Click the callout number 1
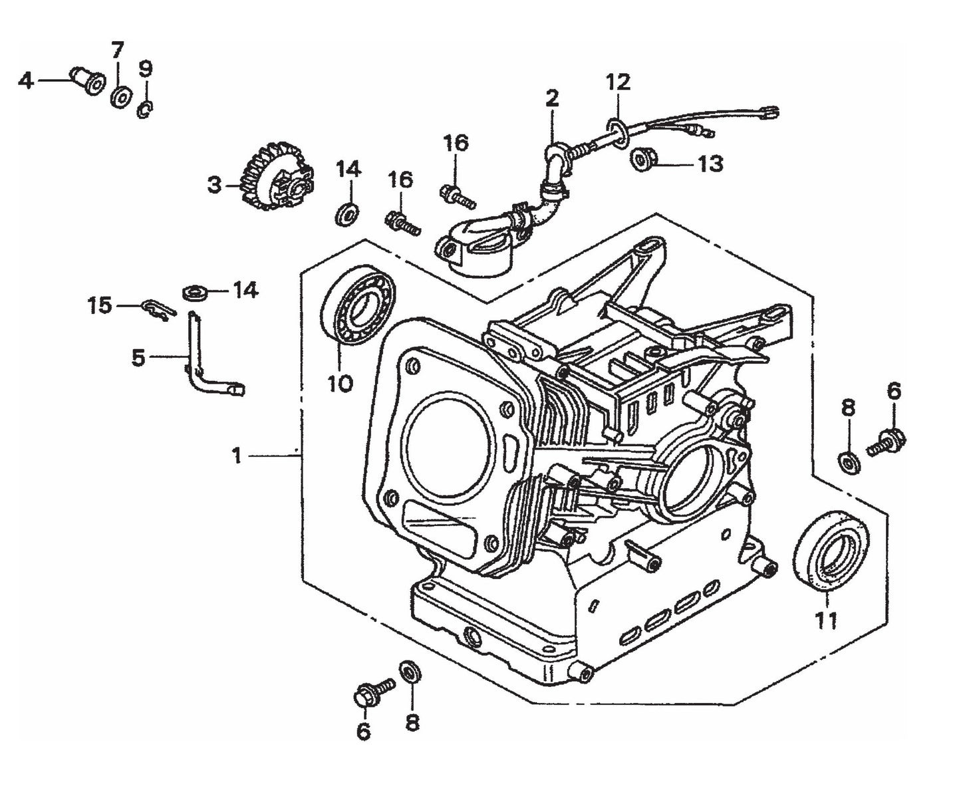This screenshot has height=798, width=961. [x=236, y=456]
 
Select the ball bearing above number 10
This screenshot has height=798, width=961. [x=358, y=307]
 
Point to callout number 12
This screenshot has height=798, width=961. [x=617, y=82]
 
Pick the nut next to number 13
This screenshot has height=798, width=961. [x=641, y=160]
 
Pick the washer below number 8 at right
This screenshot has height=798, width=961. [x=848, y=461]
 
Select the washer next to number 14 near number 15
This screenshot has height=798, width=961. [x=194, y=291]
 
